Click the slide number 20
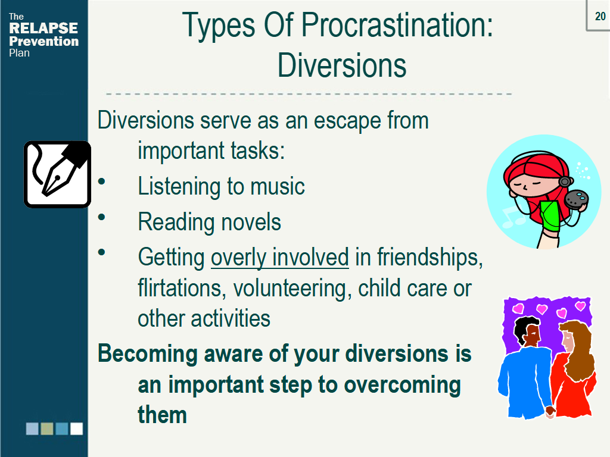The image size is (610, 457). tap(600, 16)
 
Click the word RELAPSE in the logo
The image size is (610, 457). tap(43, 29)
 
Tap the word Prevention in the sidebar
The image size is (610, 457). tap(43, 41)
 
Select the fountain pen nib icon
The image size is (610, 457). tap(57, 174)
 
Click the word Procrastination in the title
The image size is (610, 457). tap(397, 26)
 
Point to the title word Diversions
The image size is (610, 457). tap(342, 65)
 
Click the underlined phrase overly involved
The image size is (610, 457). tap(280, 258)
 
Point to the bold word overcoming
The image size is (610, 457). tap(403, 384)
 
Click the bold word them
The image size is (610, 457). tap(162, 415)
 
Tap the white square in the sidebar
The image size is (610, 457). tap(76, 428)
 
